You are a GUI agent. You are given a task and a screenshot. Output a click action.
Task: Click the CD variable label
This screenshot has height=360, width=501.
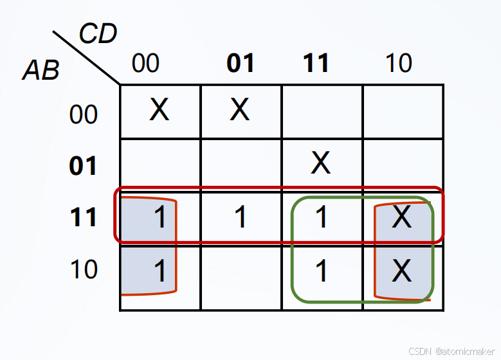(x=98, y=34)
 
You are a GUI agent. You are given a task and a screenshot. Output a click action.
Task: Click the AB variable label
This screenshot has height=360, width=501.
(x=41, y=70)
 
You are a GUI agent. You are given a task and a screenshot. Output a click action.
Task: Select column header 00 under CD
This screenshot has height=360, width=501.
(x=145, y=64)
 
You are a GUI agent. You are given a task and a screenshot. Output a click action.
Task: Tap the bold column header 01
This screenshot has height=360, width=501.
(x=241, y=64)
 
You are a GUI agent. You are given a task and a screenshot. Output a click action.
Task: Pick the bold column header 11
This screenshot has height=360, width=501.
(x=316, y=64)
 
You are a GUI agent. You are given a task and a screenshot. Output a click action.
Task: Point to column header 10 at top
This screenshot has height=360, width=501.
(x=398, y=64)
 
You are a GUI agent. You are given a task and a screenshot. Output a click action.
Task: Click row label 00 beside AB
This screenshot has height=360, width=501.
(x=84, y=115)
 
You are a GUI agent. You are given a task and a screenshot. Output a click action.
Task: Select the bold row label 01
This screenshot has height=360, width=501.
(x=84, y=166)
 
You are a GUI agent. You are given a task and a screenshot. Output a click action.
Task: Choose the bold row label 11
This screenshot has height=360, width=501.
(x=84, y=217)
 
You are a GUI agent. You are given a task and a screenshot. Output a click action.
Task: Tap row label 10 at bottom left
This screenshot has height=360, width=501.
(x=84, y=269)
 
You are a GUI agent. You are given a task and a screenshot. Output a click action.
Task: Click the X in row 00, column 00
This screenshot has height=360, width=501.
(x=159, y=111)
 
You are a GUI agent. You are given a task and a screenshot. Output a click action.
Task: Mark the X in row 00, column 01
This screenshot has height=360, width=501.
(x=240, y=111)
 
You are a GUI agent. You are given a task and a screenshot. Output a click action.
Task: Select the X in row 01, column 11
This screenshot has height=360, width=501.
(x=320, y=164)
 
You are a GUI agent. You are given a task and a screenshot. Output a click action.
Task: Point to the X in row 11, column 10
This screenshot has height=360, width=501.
(x=402, y=217)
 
